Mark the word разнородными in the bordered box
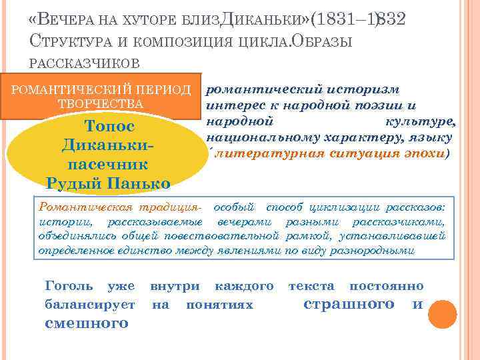click(x=377, y=251)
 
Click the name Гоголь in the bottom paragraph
click(x=69, y=286)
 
